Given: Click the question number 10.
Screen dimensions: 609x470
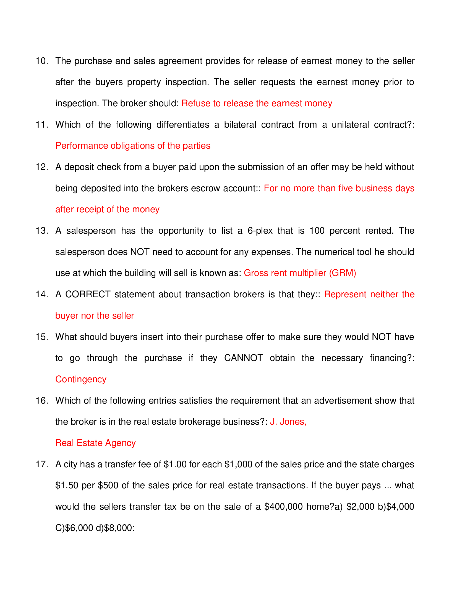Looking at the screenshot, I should coord(42,61).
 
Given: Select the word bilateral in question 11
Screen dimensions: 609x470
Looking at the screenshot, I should coord(240,125).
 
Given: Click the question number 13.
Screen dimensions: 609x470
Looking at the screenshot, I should coord(42,231).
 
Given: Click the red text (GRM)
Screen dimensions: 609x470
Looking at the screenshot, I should coord(343,273).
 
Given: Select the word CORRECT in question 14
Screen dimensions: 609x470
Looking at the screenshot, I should coord(88,295).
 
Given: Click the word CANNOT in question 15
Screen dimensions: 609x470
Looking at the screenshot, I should coord(243,358).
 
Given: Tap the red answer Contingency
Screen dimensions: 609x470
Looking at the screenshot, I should coord(81,380).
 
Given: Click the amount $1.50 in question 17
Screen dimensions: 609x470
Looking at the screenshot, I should coord(67,486).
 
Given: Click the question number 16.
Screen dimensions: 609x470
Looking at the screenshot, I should coord(42,401).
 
